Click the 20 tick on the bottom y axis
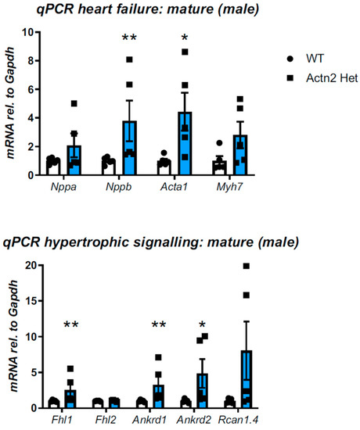point(27,266)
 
